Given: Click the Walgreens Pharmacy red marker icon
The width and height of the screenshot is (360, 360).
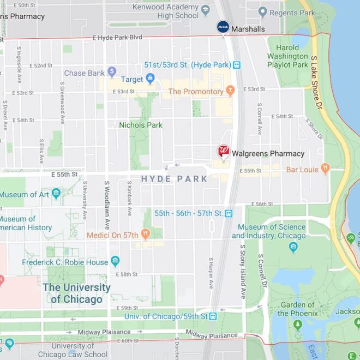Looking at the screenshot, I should tap(223, 152).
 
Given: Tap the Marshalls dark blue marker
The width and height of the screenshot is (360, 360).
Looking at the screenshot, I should tap(223, 26).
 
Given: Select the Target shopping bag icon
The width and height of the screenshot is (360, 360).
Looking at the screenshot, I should tap(151, 79).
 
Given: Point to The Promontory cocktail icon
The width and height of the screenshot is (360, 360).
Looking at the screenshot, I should tap(230, 91).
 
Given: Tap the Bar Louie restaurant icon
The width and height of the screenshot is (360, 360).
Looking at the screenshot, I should tap(326, 169).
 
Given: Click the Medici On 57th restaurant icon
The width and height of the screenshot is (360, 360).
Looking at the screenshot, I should tap(145, 235).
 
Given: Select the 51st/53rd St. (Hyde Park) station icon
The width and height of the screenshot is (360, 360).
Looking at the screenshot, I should tap(237, 65).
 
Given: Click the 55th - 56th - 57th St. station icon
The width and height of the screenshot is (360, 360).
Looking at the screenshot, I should tap(229, 213).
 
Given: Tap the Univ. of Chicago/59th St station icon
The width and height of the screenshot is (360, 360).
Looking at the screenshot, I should tap(213, 316).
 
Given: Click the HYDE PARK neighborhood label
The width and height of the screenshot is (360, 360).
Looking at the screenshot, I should tap(174, 179).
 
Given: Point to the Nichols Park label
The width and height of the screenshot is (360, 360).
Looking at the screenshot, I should tap(141, 125).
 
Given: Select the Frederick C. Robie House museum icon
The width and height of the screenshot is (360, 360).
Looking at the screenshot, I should tap(115, 262).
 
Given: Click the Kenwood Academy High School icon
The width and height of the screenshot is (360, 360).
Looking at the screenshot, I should tap(206, 10).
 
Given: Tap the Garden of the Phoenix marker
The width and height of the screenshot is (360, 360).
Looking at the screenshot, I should tap(297, 325).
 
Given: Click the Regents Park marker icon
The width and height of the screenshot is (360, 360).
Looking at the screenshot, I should tap(262, 11).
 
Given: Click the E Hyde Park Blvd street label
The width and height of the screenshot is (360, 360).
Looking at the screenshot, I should tap(117, 38).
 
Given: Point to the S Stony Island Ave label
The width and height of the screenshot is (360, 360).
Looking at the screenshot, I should tap(243, 272).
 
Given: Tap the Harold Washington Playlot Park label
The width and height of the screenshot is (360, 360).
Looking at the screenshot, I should tap(287, 56).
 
